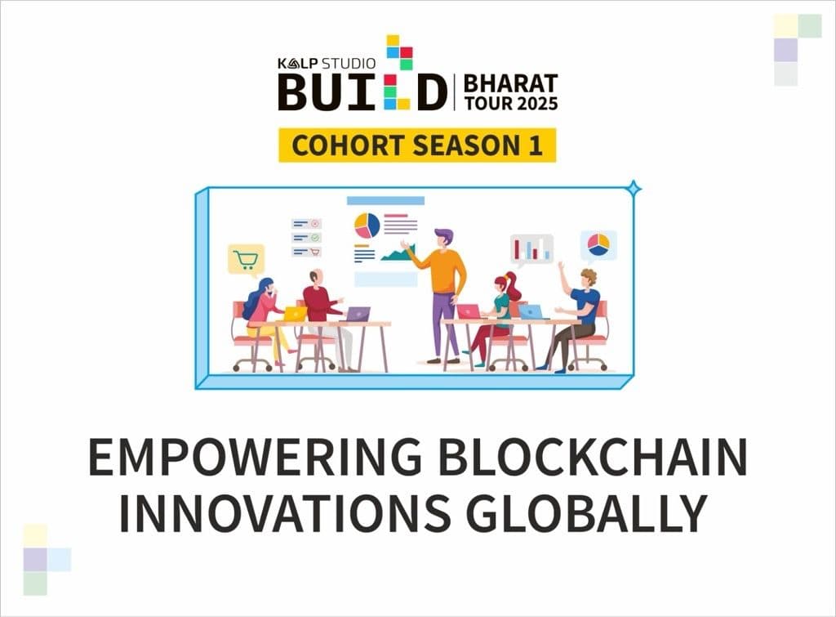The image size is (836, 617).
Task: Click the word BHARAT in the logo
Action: click(511, 83)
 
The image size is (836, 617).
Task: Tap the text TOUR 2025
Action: click(511, 103)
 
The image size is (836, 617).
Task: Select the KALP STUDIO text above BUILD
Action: click(327, 64)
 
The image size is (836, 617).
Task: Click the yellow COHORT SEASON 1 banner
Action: click(417, 145)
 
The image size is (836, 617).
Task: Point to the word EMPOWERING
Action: click(255, 457)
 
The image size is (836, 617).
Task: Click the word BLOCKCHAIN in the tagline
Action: click(593, 457)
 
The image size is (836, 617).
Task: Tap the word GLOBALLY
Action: click(587, 513)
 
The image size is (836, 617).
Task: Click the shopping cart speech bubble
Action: click(247, 261)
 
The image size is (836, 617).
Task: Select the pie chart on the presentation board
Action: click(367, 226)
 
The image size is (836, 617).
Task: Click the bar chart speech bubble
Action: click(531, 250)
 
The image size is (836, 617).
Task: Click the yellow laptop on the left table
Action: click(294, 314)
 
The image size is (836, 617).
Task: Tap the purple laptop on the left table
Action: click(358, 314)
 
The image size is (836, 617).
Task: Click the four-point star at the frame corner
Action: click(634, 188)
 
